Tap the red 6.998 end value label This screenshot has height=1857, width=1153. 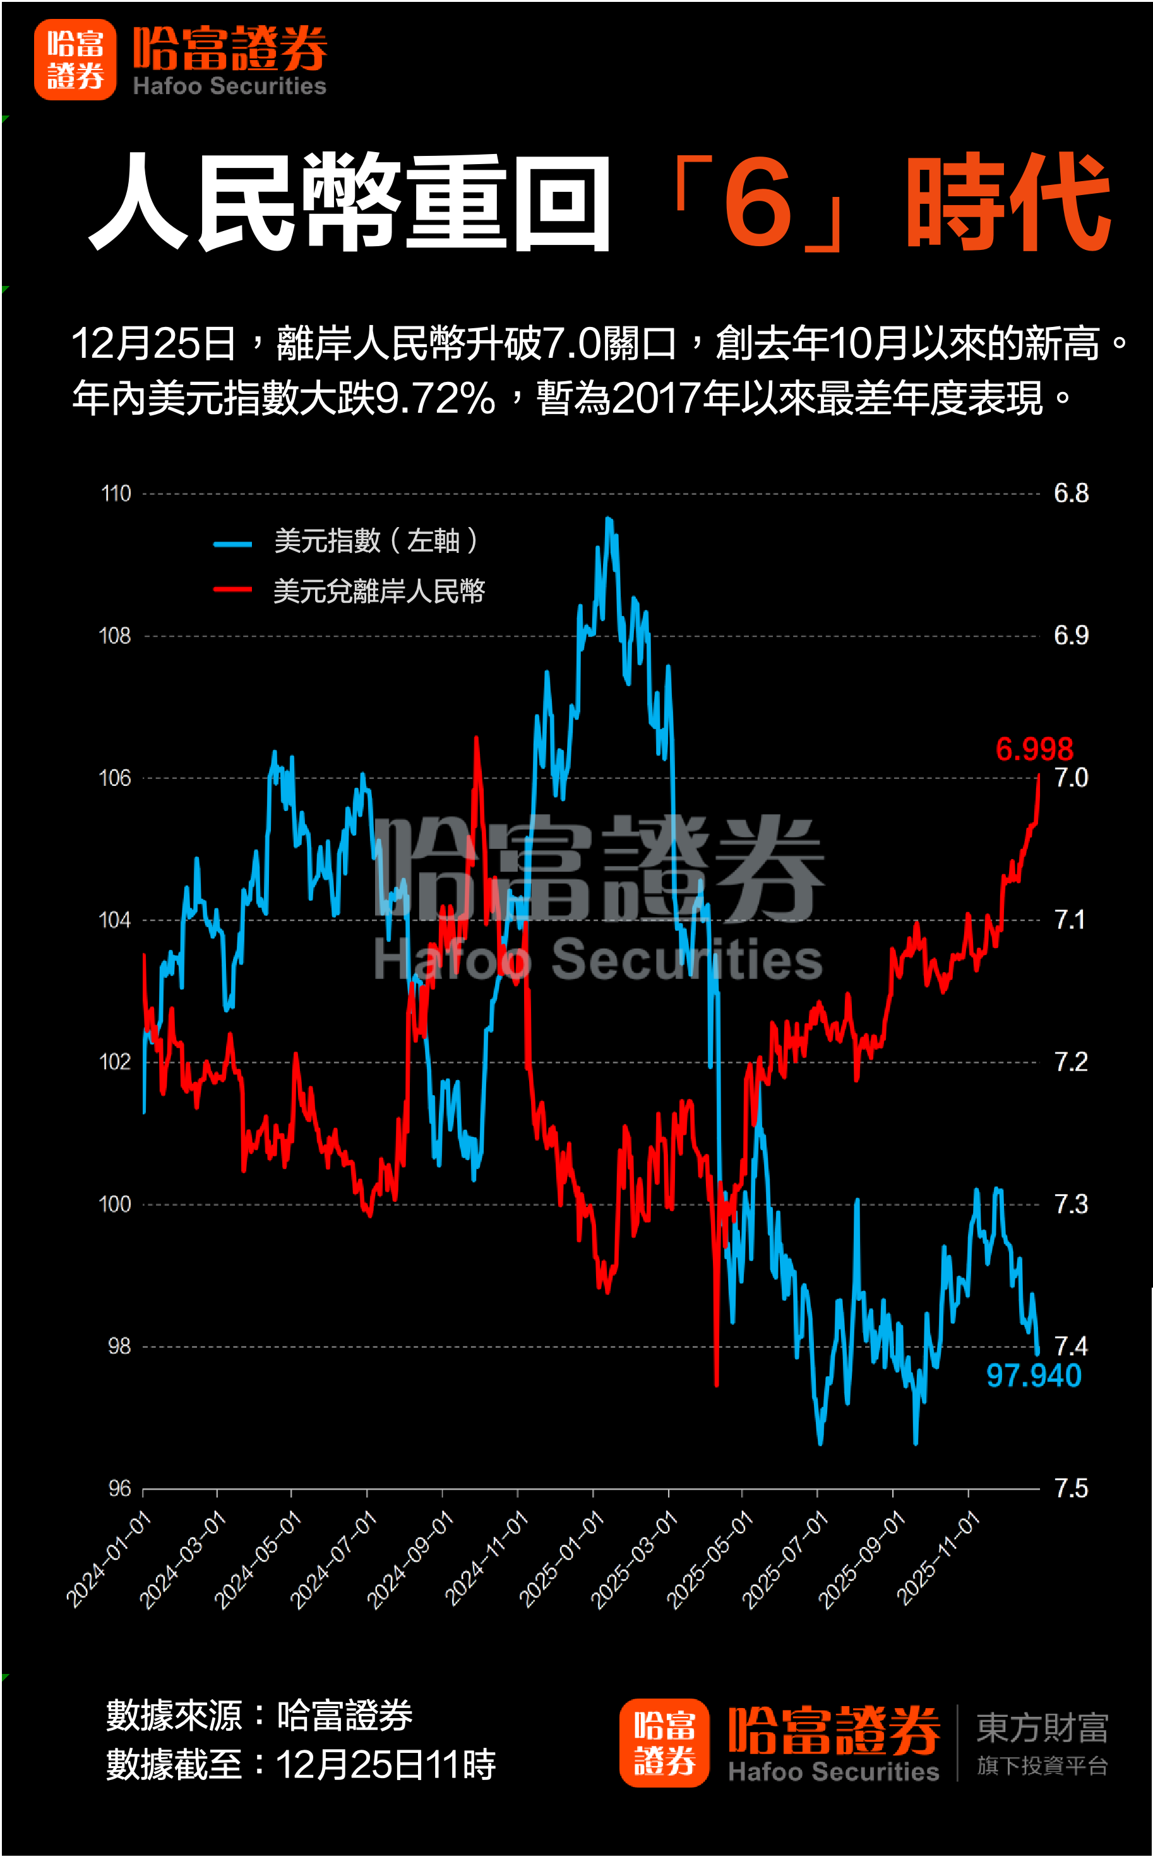click(x=1034, y=749)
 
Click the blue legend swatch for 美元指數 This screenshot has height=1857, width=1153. click(x=232, y=543)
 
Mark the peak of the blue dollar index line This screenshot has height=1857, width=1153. click(x=608, y=518)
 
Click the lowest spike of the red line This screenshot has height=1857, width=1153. click(x=717, y=1384)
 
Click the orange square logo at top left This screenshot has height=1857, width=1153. click(x=75, y=59)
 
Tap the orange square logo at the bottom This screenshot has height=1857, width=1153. click(x=664, y=1743)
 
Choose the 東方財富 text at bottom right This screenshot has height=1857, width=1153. click(x=1042, y=1728)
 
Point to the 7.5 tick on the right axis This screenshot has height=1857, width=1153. click(x=1071, y=1488)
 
